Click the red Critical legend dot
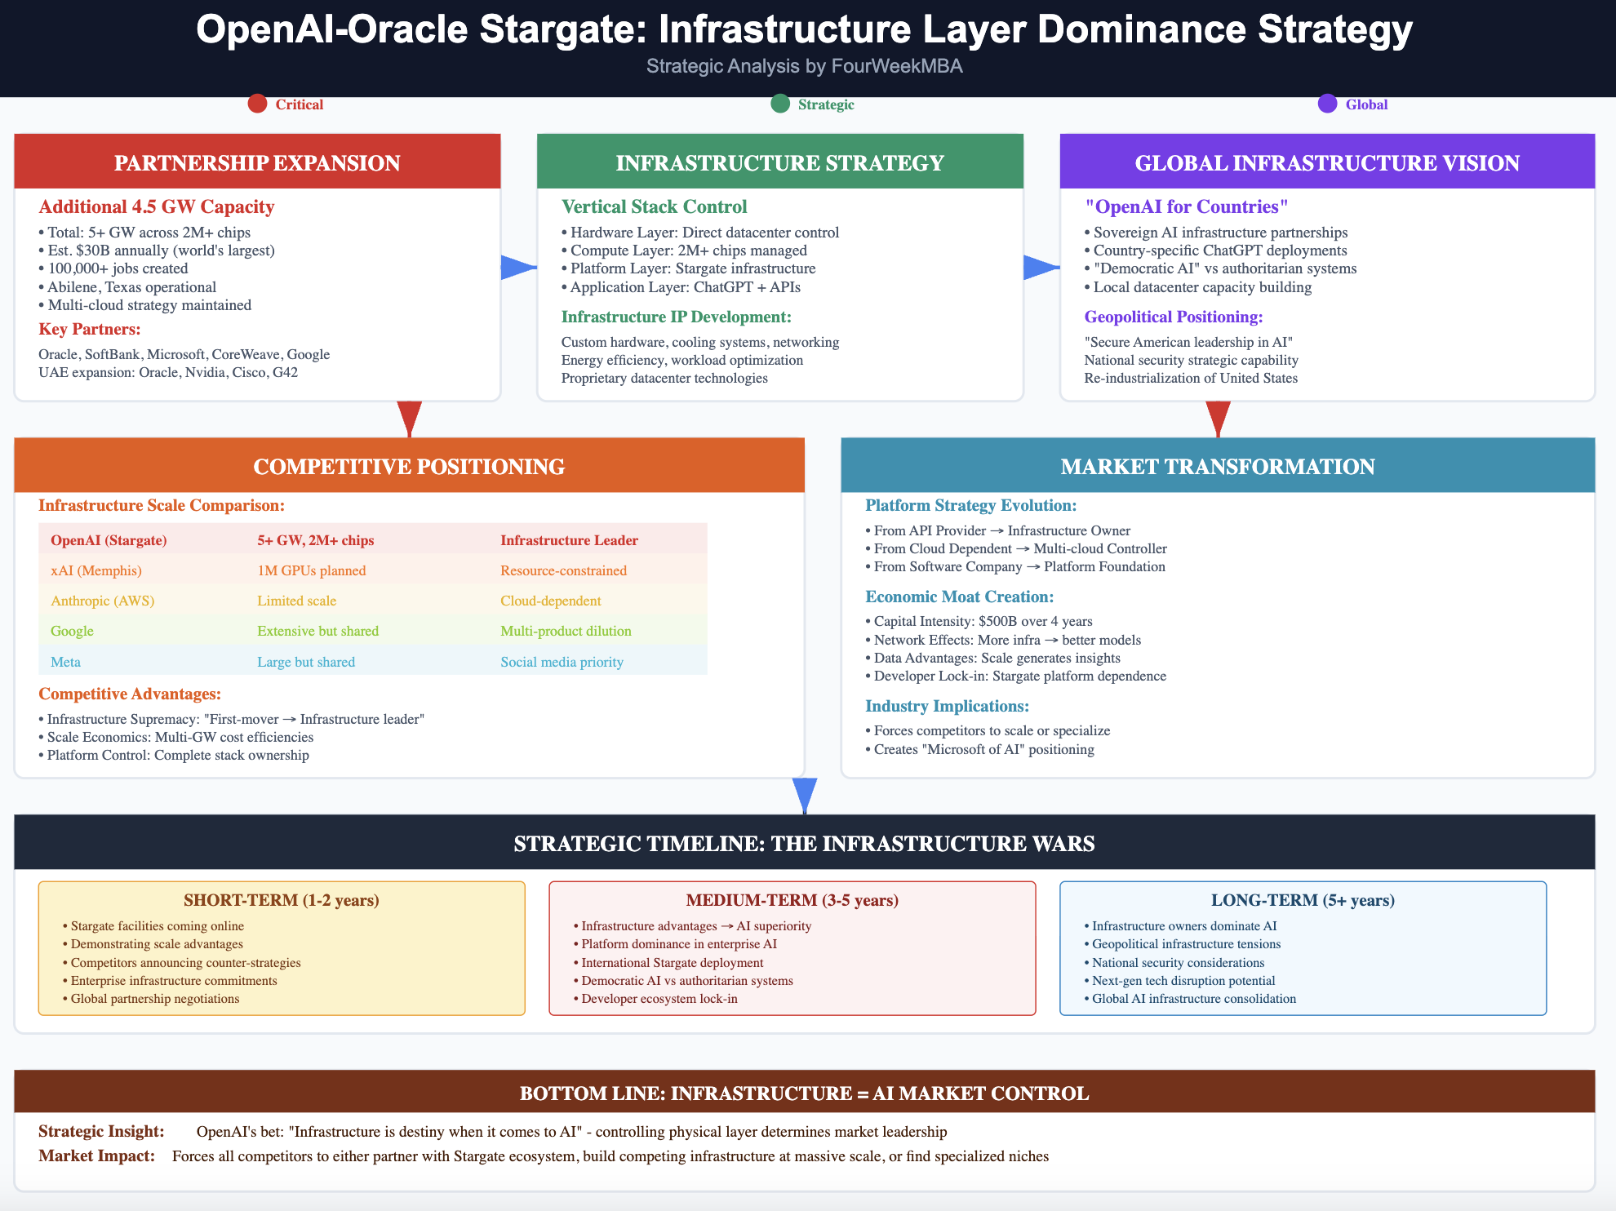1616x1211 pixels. (257, 104)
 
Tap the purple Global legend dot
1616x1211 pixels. (1327, 104)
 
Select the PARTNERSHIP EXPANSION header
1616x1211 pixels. (257, 162)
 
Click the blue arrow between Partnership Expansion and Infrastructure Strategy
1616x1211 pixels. (517, 267)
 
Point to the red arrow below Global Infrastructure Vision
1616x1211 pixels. (1218, 419)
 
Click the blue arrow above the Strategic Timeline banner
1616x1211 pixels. (805, 795)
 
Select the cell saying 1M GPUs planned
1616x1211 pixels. (311, 570)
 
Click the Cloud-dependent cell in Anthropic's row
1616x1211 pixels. (550, 601)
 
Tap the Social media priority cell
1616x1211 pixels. (562, 662)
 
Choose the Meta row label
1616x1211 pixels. (65, 662)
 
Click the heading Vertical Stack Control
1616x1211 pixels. (654, 206)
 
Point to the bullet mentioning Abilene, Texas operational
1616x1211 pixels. (131, 287)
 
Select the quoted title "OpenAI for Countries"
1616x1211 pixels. (1186, 206)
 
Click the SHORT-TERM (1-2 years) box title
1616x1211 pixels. (281, 900)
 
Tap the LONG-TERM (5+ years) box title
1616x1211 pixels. (1303, 900)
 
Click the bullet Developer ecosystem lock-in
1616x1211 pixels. (659, 999)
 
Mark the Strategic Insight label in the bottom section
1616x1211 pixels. (101, 1131)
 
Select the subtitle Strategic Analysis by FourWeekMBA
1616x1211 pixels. (804, 66)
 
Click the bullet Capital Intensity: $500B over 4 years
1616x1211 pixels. (983, 621)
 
